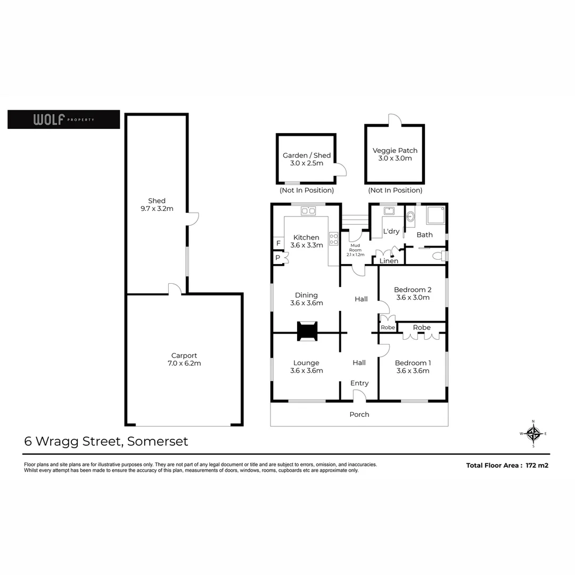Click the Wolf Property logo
coord(63,119)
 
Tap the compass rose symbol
coord(533,433)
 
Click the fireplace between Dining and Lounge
coord(307,331)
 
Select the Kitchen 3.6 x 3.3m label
coord(307,241)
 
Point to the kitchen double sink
coord(308,211)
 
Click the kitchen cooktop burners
coord(334,239)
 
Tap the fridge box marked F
coord(278,243)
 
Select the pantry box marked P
coord(278,258)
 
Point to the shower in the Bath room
coord(435,216)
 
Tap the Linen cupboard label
coord(389,261)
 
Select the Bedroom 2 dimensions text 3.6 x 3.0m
coord(413,298)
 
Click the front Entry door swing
coord(359,395)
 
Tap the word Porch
coord(359,414)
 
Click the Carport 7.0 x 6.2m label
coord(184,359)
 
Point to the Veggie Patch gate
coord(394,119)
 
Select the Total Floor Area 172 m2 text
coord(507,465)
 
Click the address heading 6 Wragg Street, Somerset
coord(106,441)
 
